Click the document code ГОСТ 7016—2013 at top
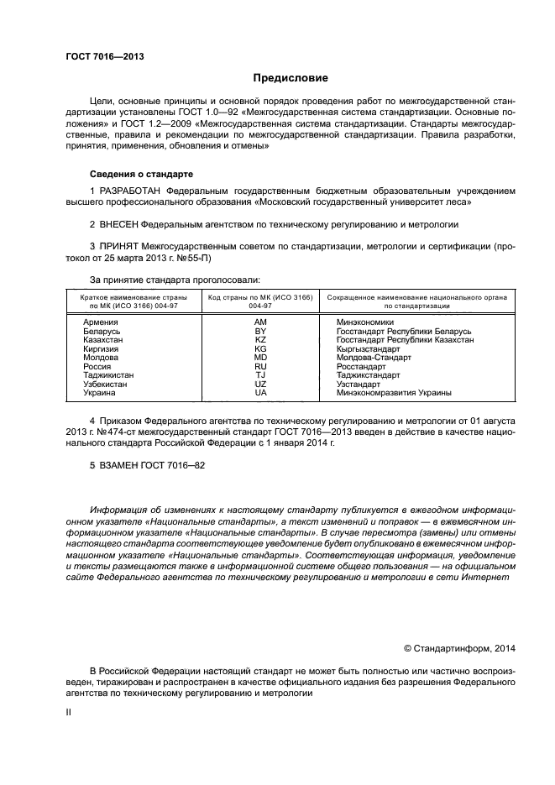105,57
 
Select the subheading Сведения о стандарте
141,174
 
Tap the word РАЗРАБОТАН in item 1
130,191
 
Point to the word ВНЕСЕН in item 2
118,225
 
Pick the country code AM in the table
259,322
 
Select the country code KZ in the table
259,340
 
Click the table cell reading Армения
100,322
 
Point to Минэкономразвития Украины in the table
394,393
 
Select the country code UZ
259,385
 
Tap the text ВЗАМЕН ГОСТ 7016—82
147,463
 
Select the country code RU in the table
259,367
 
